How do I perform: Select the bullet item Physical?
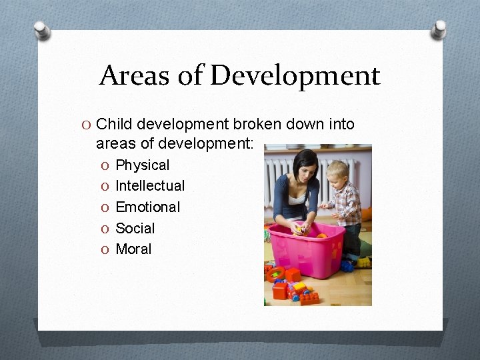click(x=143, y=165)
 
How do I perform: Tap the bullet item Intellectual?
click(x=150, y=185)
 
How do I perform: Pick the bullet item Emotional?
click(x=147, y=207)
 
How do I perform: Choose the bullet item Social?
click(x=135, y=228)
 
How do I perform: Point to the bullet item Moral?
click(x=133, y=249)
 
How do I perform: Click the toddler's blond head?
click(x=338, y=169)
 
